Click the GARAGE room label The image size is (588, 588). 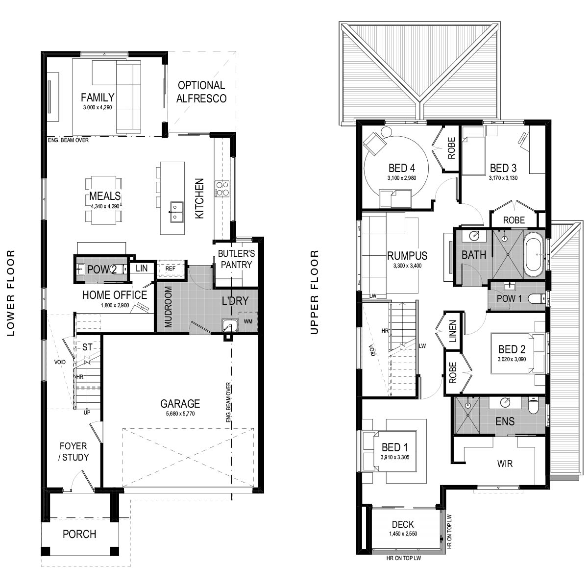[180, 404]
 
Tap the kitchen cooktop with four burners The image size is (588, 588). [222, 189]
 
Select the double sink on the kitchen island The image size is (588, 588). [175, 212]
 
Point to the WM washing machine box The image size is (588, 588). [248, 321]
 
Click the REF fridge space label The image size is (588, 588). [170, 269]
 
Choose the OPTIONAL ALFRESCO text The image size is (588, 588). [201, 92]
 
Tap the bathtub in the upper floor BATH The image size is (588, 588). [534, 254]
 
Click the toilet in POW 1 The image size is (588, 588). [537, 298]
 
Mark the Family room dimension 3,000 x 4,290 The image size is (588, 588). [98, 107]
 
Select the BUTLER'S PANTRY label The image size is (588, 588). [236, 259]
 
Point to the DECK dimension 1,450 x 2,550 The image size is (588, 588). [403, 534]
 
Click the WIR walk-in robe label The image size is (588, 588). [505, 464]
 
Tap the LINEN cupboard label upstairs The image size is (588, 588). [453, 331]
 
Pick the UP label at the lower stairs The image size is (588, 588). [87, 413]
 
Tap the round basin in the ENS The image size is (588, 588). [505, 403]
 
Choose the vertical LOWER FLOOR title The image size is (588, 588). [11, 293]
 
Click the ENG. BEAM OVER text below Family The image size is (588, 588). [68, 140]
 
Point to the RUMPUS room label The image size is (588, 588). [407, 256]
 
